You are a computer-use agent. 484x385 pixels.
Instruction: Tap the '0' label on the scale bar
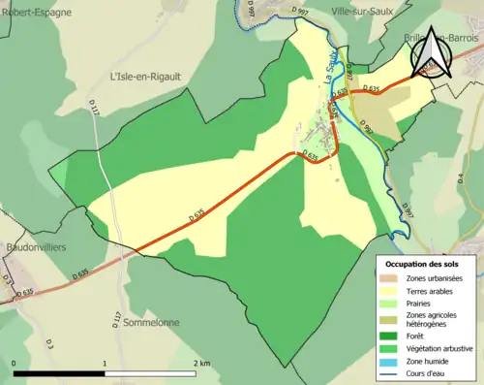pos(15,363)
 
